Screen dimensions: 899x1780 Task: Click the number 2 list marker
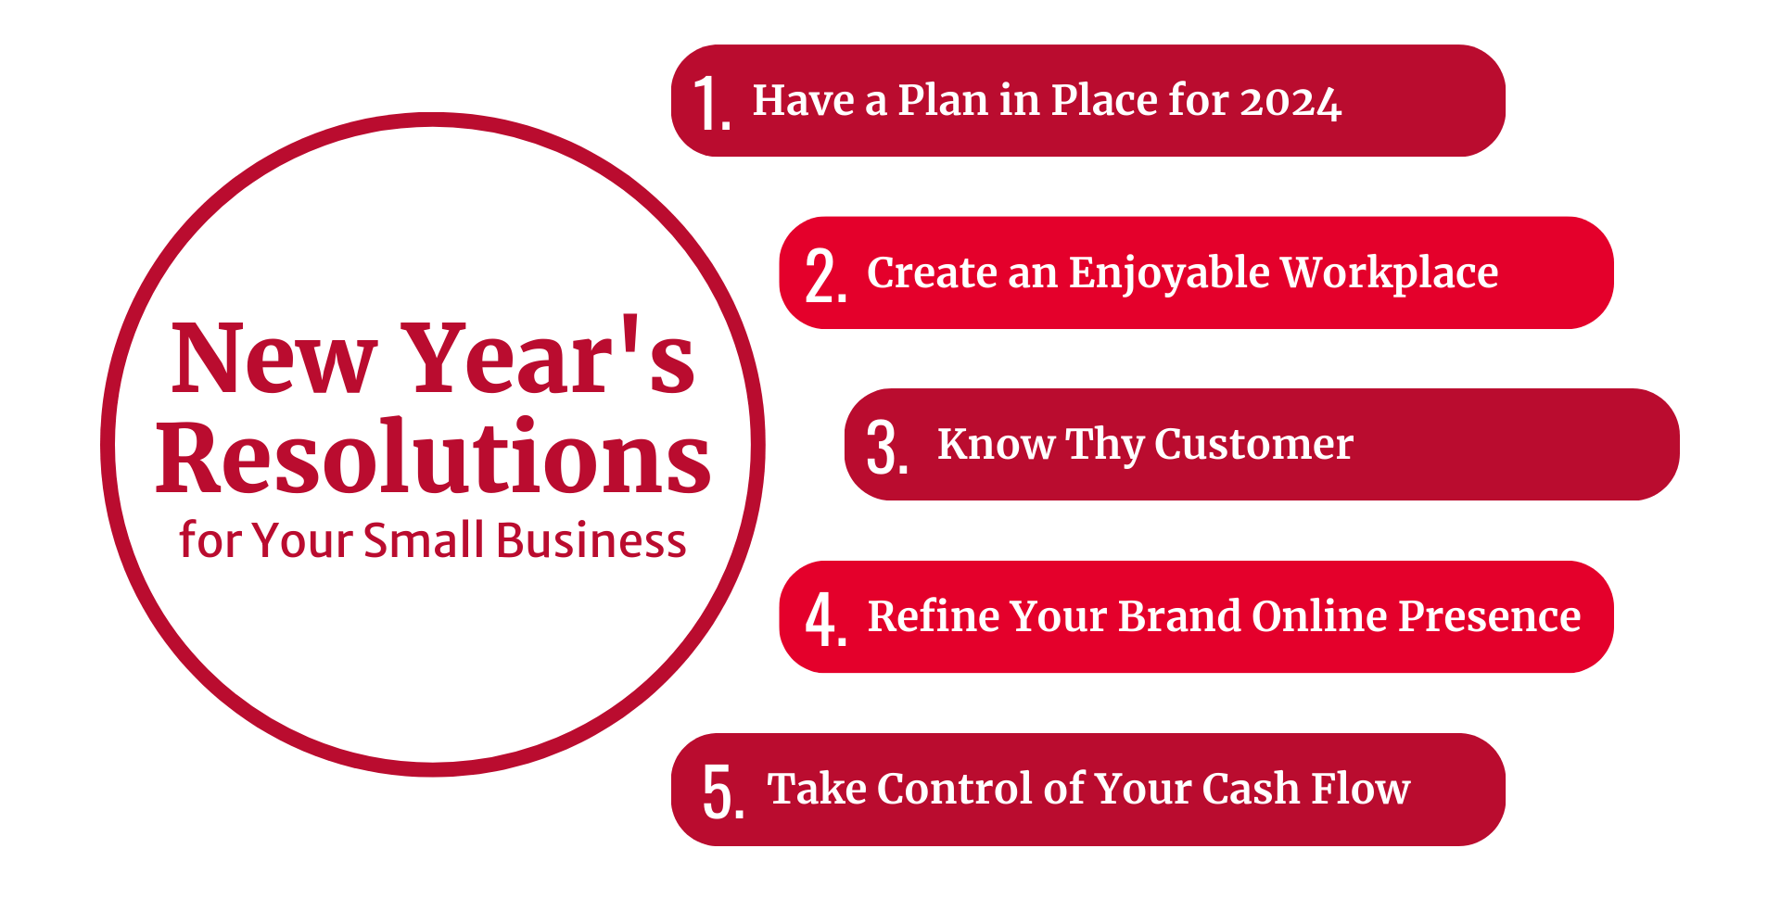[822, 275]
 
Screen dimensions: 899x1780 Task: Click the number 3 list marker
[884, 448]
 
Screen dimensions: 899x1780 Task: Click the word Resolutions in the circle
[433, 458]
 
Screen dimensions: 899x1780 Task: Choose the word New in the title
[273, 359]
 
